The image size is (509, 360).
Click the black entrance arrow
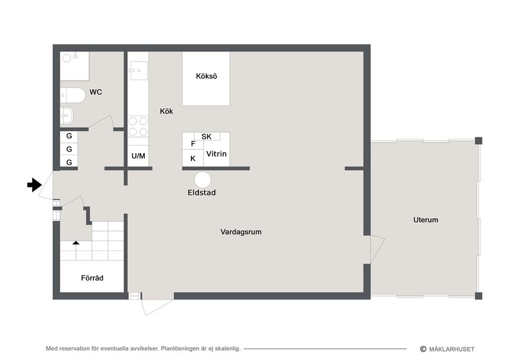[34, 185]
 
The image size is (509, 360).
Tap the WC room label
[95, 92]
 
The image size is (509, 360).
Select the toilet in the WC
[73, 95]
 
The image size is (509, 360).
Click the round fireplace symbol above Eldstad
[203, 180]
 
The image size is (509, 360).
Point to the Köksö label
[206, 76]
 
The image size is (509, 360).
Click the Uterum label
[426, 220]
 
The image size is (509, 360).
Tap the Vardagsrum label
[241, 232]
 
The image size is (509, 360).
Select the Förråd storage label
[92, 278]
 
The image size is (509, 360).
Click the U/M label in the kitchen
[138, 156]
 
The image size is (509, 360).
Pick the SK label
[206, 137]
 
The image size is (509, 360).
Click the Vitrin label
[216, 154]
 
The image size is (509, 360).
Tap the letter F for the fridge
[193, 144]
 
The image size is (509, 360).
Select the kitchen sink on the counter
[138, 71]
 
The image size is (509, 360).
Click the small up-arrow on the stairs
[76, 242]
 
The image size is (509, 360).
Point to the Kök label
[166, 111]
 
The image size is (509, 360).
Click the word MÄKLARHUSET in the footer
[452, 349]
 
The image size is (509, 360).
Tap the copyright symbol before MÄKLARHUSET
[423, 349]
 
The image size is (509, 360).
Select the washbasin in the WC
[67, 115]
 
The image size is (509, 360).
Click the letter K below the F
[193, 159]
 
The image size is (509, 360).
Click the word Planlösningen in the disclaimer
[179, 349]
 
